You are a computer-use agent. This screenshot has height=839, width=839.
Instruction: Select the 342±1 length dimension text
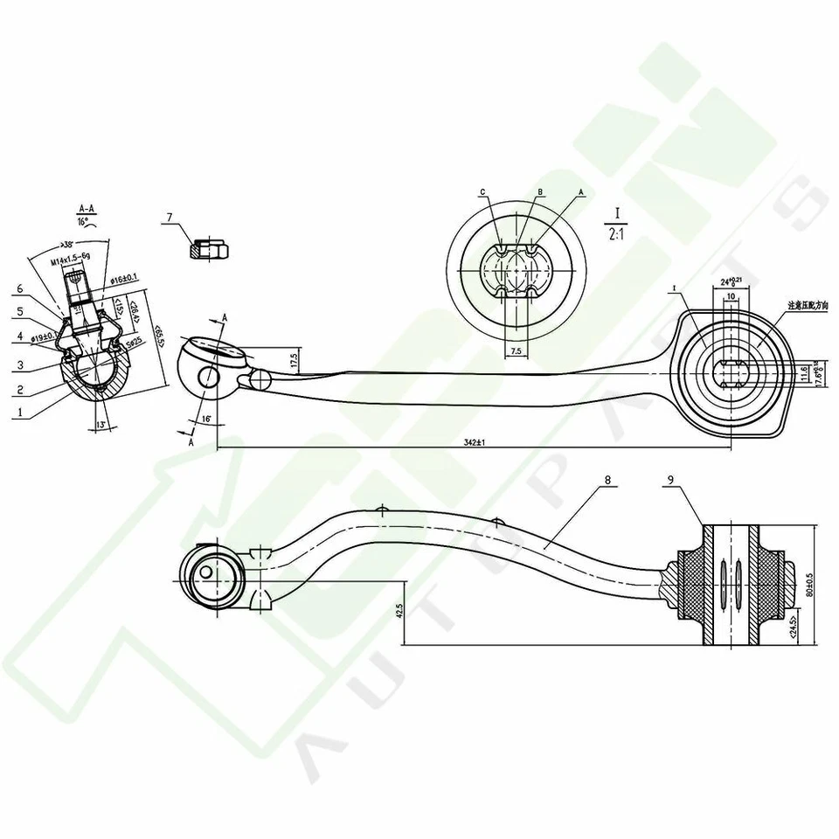click(x=474, y=443)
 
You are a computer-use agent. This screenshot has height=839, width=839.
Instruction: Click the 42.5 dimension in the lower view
click(x=399, y=609)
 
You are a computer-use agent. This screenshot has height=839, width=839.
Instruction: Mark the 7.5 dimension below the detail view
click(x=515, y=350)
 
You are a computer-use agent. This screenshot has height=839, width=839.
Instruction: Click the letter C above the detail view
click(x=482, y=191)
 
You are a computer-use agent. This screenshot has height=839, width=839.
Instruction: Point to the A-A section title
click(x=87, y=208)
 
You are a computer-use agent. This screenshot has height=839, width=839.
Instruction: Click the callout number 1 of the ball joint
click(x=17, y=408)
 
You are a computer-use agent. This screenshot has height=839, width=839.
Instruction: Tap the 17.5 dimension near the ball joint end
click(x=295, y=359)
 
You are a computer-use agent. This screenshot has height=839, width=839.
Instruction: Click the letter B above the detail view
click(x=541, y=191)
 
